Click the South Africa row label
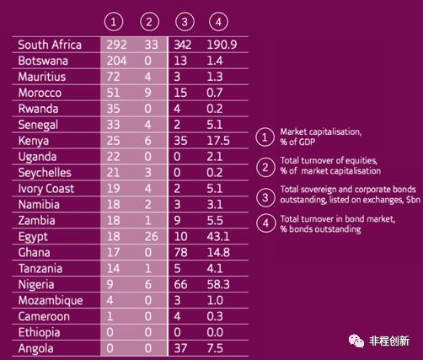pyautogui.click(x=50, y=45)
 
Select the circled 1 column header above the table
pyautogui.click(x=114, y=22)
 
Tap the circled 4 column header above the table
pyautogui.click(x=218, y=22)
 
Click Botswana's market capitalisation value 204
pyautogui.click(x=116, y=61)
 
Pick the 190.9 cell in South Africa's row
pyautogui.click(x=222, y=45)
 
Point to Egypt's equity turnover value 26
pyautogui.click(x=151, y=237)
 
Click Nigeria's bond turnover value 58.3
pyautogui.click(x=218, y=285)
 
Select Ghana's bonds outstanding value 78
pyautogui.click(x=180, y=252)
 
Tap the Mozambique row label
pyautogui.click(x=51, y=301)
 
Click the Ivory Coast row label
pyautogui.click(x=46, y=189)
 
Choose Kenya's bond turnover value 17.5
pyautogui.click(x=218, y=141)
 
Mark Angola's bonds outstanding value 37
pyautogui.click(x=180, y=348)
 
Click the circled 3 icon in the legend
pyautogui.click(x=265, y=197)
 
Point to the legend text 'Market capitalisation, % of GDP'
pyautogui.click(x=321, y=137)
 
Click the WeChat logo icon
pyautogui.click(x=356, y=341)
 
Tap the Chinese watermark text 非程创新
pyautogui.click(x=389, y=341)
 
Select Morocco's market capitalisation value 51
pyautogui.click(x=113, y=93)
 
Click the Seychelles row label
pyautogui.click(x=45, y=173)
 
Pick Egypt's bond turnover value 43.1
pyautogui.click(x=218, y=237)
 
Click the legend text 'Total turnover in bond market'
pyautogui.click(x=338, y=218)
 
